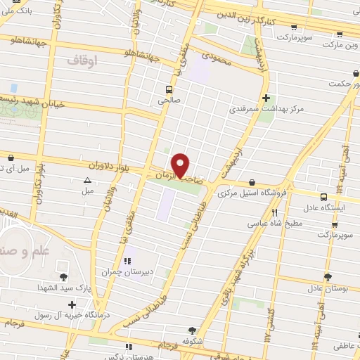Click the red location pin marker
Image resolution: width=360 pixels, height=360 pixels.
(x=181, y=165)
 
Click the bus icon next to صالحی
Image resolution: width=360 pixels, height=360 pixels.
(x=169, y=89)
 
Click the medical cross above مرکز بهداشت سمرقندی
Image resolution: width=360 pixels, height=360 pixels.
(x=266, y=98)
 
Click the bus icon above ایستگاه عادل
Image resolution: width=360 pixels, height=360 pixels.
(x=323, y=198)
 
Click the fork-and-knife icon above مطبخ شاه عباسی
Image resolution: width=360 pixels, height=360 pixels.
(x=275, y=212)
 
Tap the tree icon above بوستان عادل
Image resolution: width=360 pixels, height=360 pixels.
(x=326, y=278)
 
